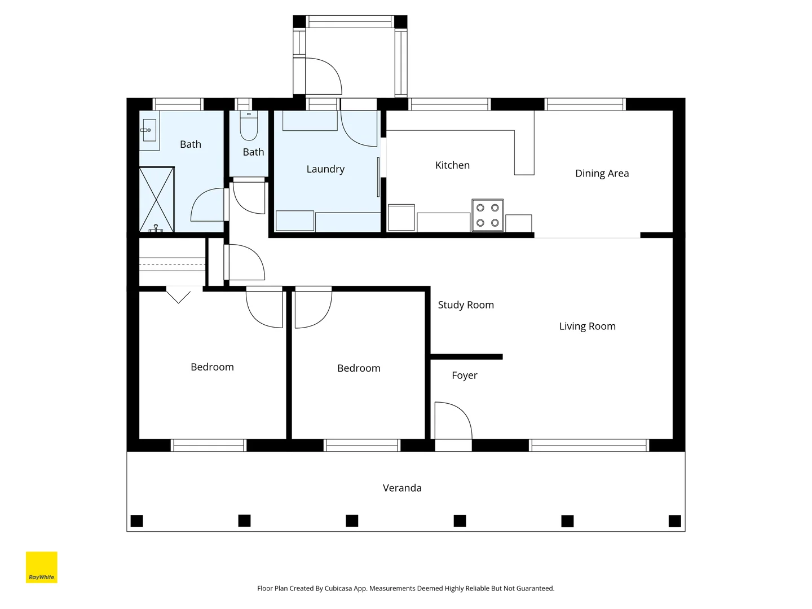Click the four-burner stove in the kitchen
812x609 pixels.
[x=487, y=215]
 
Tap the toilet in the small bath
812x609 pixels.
[x=249, y=126]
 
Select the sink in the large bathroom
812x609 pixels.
[x=149, y=130]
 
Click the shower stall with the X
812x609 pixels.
[x=157, y=200]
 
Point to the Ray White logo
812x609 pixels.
[x=41, y=567]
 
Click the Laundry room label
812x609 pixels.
[x=325, y=169]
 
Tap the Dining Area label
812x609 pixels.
[x=602, y=174]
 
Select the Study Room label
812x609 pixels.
[x=466, y=304]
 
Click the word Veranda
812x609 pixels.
[x=402, y=488]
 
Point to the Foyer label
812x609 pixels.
[x=464, y=376]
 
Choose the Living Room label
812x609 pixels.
[x=587, y=326]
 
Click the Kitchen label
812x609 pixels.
[x=452, y=165]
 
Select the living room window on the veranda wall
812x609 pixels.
[x=589, y=445]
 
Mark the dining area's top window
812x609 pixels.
[x=585, y=104]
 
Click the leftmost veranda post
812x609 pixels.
[x=137, y=520]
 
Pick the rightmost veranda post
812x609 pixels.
[x=675, y=521]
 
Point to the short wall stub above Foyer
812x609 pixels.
[x=466, y=357]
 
